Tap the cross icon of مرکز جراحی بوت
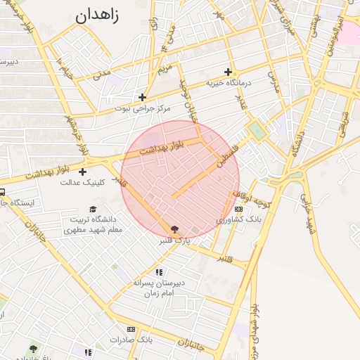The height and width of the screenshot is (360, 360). point(143,97)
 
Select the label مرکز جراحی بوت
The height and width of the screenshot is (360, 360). point(143,109)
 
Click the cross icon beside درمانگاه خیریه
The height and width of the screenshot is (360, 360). point(228,72)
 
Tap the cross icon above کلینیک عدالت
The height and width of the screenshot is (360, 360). point(83,172)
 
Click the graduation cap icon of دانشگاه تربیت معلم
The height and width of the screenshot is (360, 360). point(93,209)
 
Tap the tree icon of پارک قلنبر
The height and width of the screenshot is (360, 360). point(174,229)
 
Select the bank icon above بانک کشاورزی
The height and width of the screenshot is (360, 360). point(239,209)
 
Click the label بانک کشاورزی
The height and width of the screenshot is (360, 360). point(238,219)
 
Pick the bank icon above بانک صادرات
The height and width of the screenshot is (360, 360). point(131,329)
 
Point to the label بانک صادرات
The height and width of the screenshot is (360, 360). point(131,340)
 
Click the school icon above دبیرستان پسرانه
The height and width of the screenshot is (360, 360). point(160,271)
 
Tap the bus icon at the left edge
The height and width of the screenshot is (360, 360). point(2,193)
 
